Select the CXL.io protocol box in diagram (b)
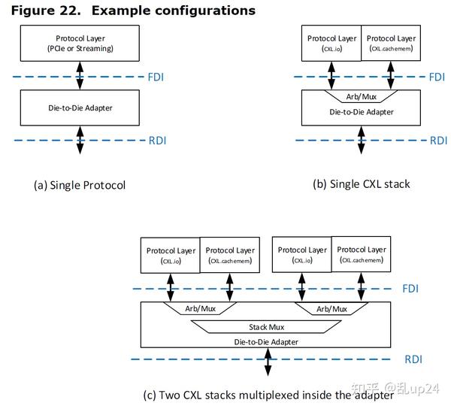331,44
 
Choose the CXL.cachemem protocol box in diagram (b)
390,44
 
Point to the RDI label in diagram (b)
437,140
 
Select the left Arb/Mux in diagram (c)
200,309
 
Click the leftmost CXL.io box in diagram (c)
169,256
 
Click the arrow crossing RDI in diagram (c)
268,361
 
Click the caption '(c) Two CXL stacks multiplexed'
268,395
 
